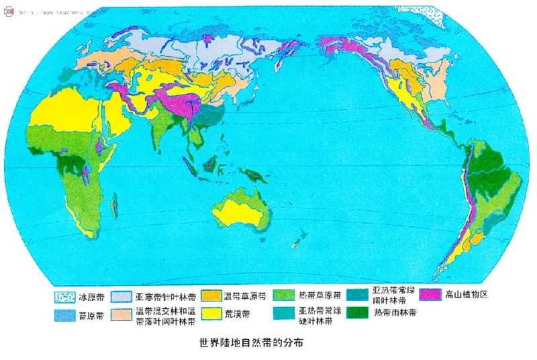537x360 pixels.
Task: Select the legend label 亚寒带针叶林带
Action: click(x=165, y=296)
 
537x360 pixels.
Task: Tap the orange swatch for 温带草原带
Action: click(x=211, y=296)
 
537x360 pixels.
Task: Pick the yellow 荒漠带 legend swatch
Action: click(x=211, y=314)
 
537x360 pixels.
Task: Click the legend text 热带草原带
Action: click(x=320, y=296)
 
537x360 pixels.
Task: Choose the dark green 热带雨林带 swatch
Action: click(x=357, y=313)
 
